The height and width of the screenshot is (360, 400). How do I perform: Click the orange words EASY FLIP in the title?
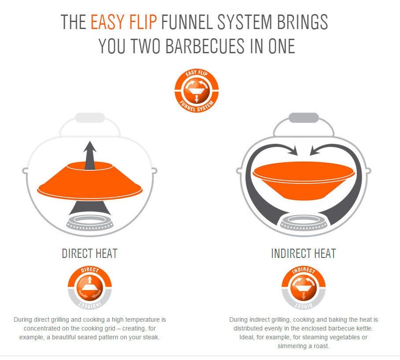[x=124, y=22]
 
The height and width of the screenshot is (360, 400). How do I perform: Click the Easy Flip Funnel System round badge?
[x=196, y=90]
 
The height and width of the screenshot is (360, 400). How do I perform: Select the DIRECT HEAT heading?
[x=89, y=253]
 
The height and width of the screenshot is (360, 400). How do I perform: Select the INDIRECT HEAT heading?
[x=303, y=253]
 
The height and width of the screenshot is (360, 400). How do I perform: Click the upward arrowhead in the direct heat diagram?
[x=90, y=147]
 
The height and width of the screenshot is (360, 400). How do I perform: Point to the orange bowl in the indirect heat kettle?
[x=304, y=180]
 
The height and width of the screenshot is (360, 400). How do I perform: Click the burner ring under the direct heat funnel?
[x=90, y=222]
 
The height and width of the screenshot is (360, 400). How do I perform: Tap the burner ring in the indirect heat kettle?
[x=304, y=223]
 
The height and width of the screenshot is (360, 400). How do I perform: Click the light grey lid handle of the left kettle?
[x=90, y=118]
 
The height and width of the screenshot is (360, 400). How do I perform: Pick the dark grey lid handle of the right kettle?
[x=304, y=118]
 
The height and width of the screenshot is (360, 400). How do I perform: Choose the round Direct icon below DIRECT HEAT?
[x=89, y=288]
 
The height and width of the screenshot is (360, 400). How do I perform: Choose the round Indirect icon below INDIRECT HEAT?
[x=304, y=288]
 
